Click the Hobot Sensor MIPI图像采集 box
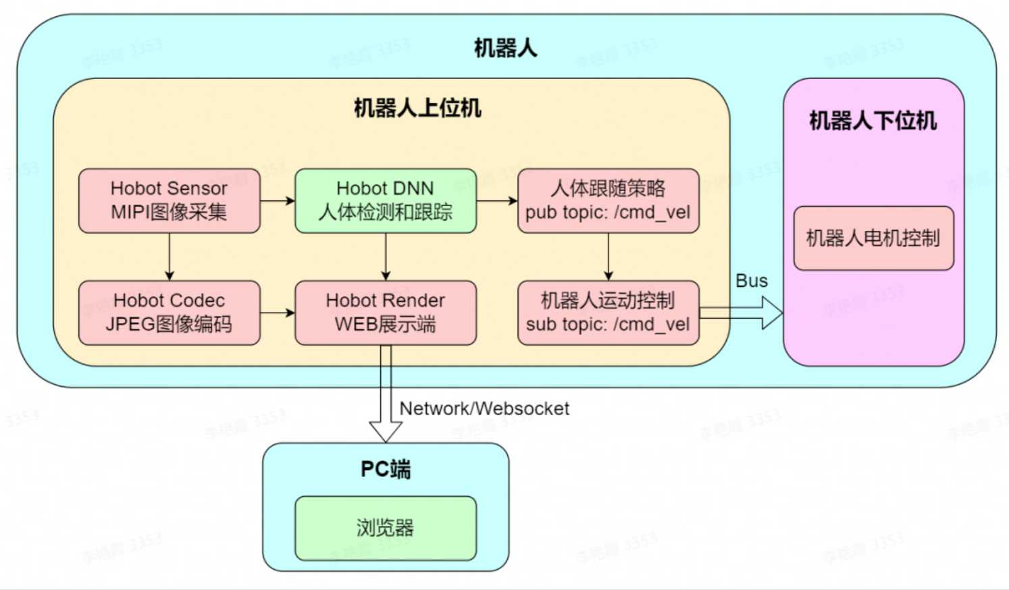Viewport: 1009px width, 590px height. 169,200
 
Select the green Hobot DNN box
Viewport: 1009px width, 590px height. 385,200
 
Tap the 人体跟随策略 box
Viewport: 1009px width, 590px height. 608,200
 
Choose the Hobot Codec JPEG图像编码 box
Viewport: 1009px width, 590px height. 169,313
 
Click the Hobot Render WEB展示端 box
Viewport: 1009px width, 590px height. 385,313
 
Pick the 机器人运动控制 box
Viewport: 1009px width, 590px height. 608,313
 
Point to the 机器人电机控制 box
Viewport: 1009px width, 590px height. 873,238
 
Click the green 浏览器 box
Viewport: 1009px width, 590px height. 385,528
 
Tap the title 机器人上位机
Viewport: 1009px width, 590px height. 417,108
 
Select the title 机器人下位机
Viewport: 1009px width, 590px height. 873,121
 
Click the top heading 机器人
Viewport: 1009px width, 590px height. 505,49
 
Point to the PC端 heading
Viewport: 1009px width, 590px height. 385,469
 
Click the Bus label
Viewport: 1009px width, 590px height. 751,281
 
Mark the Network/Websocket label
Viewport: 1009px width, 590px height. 484,408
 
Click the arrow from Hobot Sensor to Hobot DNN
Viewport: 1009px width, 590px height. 277,200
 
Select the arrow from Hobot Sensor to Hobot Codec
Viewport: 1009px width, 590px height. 169,257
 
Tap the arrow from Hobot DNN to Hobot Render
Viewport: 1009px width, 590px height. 385,257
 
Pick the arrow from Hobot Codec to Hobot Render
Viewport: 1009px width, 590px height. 277,313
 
